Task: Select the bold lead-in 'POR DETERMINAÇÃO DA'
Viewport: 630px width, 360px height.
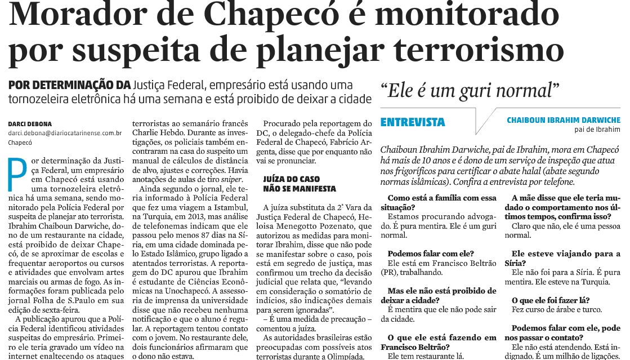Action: (x=69, y=85)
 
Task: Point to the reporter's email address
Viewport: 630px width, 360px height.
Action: (x=65, y=134)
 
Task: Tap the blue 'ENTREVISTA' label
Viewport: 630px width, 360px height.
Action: (x=413, y=122)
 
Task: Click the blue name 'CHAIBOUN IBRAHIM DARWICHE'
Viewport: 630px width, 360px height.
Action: (x=564, y=120)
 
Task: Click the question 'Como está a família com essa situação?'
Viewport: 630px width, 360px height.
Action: (x=442, y=203)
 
